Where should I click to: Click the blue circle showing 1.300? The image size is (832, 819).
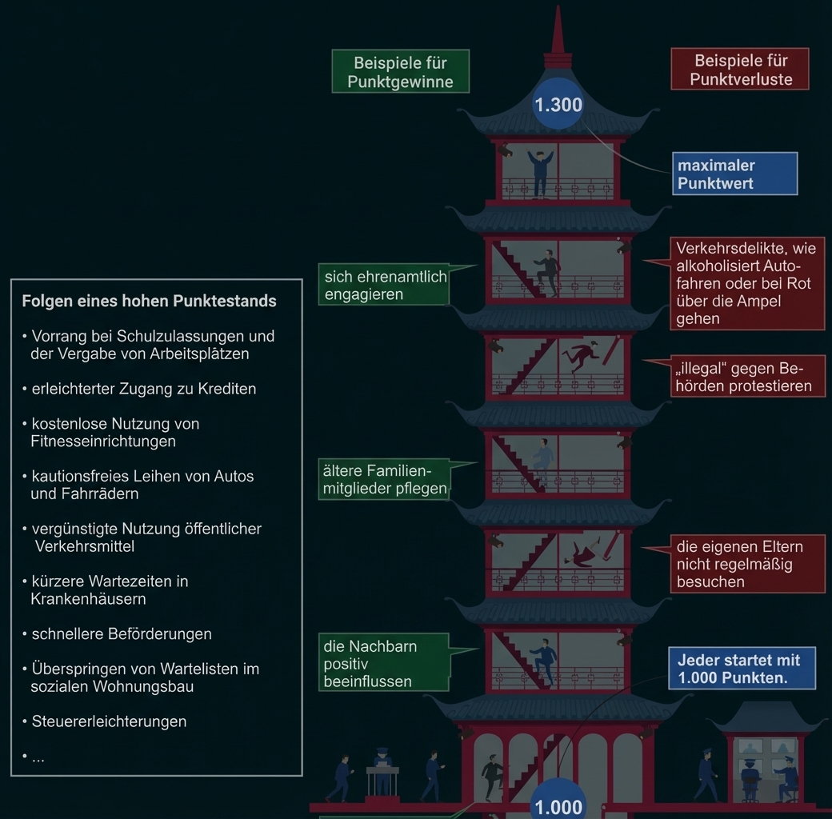[558, 105]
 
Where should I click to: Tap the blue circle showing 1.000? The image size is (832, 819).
[558, 804]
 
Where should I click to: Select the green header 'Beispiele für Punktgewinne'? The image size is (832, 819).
[400, 72]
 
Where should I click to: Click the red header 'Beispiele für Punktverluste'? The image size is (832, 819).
[740, 70]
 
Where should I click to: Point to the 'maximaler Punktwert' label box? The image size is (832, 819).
[734, 174]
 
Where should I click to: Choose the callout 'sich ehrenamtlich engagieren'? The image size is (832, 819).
[383, 285]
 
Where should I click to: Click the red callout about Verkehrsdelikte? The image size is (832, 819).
[746, 283]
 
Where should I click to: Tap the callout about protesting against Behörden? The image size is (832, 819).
[747, 377]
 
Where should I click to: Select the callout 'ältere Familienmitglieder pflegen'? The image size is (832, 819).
[383, 479]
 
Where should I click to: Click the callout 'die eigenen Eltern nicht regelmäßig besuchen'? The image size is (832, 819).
[746, 564]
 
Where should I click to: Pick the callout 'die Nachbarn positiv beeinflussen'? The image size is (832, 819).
[383, 663]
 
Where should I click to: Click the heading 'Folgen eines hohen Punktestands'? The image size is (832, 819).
[149, 302]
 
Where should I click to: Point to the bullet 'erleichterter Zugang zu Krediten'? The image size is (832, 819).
[144, 390]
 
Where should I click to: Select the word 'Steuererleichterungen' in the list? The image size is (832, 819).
[109, 721]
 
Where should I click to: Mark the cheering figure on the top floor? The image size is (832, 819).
[540, 173]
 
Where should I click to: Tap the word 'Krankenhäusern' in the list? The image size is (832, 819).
[88, 599]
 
